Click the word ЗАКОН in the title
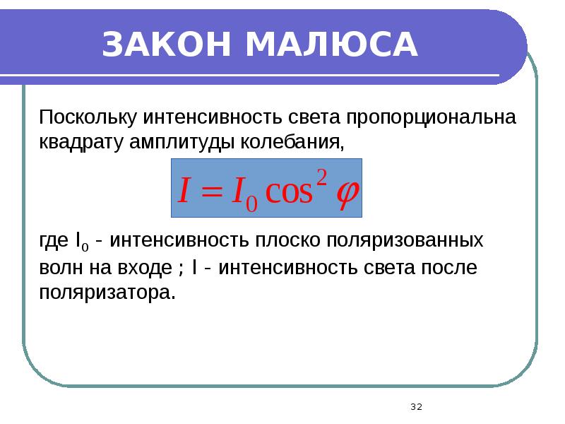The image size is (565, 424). pyautogui.click(x=167, y=45)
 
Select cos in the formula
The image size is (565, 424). pyautogui.click(x=287, y=192)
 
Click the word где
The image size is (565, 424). pyautogui.click(x=54, y=241)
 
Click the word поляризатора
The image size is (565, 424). pyautogui.click(x=106, y=293)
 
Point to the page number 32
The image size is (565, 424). pyautogui.click(x=415, y=406)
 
